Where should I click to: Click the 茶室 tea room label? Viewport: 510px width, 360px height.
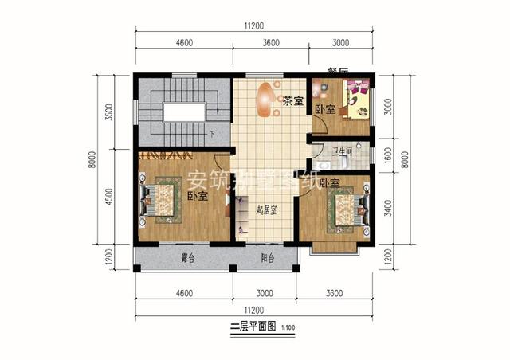coord(292,102)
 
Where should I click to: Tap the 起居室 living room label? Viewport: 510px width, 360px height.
coord(266,210)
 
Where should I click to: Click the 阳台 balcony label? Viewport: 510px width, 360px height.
coord(267,258)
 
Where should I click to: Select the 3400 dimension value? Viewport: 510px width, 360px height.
coord(388,209)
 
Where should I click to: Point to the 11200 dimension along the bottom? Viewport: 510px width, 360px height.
coord(254,309)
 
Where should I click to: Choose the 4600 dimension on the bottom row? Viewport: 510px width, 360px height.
coord(184,294)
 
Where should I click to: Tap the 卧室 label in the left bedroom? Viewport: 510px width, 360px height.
coord(198,196)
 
